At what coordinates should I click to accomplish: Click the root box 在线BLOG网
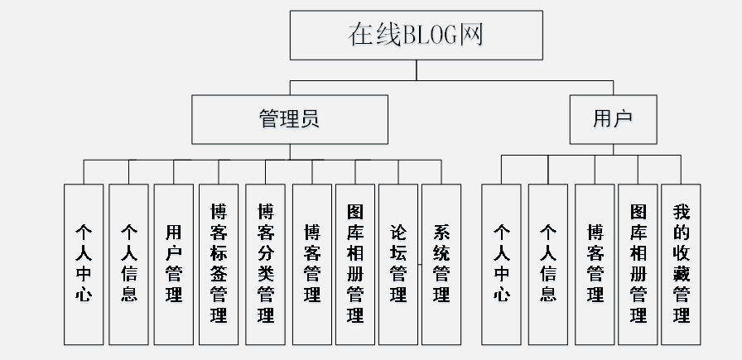click(x=416, y=36)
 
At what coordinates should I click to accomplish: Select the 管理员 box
click(x=290, y=118)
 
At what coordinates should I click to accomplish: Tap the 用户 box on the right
click(x=613, y=118)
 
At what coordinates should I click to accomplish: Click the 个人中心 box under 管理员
click(x=84, y=263)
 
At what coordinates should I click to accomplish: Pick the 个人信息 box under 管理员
click(x=128, y=263)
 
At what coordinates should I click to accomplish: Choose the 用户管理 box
click(x=174, y=263)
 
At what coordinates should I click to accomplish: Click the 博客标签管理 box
click(x=219, y=263)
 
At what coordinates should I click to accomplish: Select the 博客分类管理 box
click(x=265, y=263)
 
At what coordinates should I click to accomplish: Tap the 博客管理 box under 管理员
click(x=312, y=263)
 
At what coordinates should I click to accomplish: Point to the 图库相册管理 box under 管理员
click(x=355, y=263)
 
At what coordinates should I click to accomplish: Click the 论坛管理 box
click(x=398, y=263)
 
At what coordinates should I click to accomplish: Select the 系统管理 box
click(x=441, y=263)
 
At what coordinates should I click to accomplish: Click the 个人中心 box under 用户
click(x=502, y=263)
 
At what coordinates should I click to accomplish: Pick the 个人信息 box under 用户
click(x=548, y=263)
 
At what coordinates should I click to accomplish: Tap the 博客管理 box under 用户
click(x=595, y=263)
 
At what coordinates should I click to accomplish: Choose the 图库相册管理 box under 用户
click(x=638, y=263)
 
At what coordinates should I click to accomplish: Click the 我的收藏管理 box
click(x=681, y=263)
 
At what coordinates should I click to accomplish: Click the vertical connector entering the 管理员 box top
click(x=290, y=88)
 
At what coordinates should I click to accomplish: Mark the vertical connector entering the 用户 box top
click(x=613, y=88)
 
